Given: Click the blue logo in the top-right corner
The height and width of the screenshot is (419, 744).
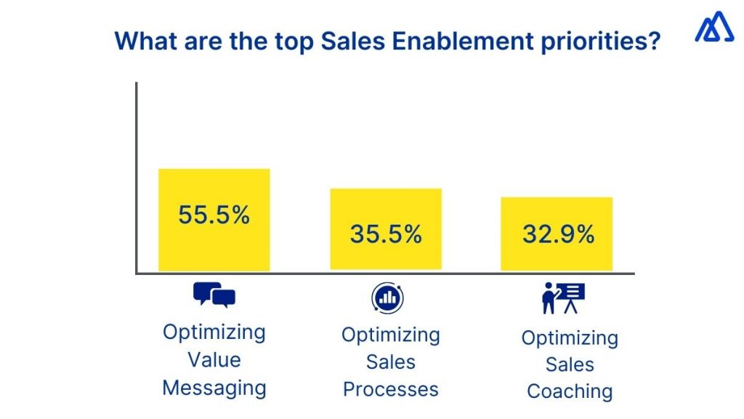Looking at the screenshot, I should pos(714,28).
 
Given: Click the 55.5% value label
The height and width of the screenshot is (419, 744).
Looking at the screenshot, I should pos(214,215).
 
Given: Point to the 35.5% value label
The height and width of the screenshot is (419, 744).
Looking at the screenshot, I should pos(386,234).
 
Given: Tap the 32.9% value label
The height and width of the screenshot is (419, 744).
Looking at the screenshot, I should pos(558,234).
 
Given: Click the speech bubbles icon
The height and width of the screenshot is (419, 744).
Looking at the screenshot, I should pos(214,295).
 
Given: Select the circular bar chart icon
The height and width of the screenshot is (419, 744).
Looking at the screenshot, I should pos(388,298).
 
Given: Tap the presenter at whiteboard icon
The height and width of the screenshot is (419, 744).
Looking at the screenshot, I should pos(563,298).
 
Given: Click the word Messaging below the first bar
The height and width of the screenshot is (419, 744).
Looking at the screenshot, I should pos(214,388).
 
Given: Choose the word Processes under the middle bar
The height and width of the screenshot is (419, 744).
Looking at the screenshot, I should pos(391,389).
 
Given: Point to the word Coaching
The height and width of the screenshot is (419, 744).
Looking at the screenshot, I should pos(570,391).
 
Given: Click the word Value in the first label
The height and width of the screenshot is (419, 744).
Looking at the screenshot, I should pos(214,359).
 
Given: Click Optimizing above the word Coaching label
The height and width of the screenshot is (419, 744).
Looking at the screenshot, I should pos(570,338).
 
